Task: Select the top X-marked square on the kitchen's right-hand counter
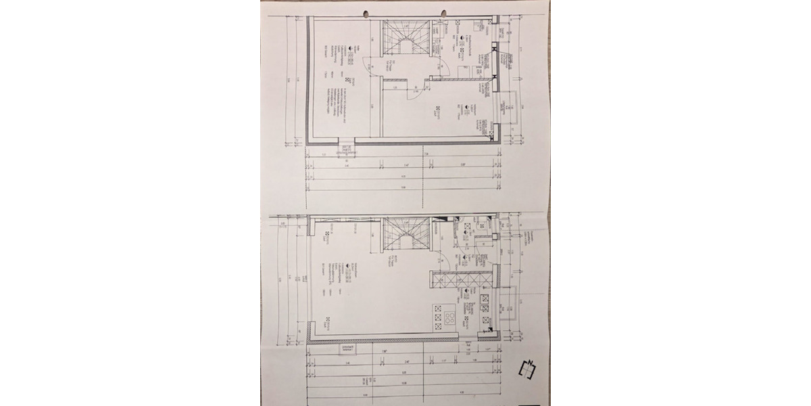[483, 298]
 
